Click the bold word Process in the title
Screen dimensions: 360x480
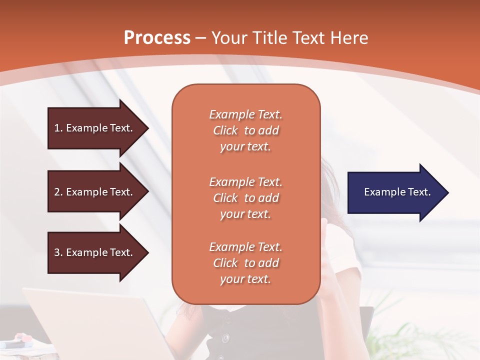[157, 38]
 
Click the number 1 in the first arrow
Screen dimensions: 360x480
[57, 128]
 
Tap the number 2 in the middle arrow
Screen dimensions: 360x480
[57, 192]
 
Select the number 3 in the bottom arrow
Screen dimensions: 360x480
[57, 252]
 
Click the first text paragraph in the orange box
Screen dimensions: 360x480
[245, 130]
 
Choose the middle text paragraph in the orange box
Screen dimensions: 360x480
[245, 198]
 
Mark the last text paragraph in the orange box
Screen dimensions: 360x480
[245, 263]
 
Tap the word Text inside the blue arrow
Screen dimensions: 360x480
[419, 192]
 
